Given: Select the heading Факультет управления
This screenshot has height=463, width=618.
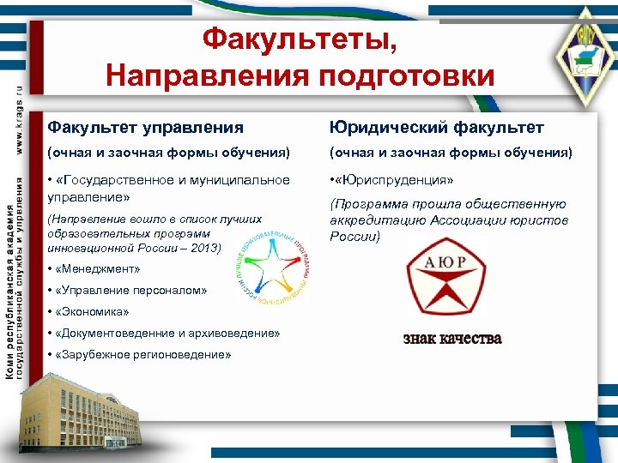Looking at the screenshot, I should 145,127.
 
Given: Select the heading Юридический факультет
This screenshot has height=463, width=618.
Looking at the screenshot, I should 437,127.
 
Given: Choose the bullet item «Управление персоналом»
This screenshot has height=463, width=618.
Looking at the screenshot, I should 129,291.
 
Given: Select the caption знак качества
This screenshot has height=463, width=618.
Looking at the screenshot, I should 452,338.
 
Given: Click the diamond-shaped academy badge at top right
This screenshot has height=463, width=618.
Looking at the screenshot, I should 583,51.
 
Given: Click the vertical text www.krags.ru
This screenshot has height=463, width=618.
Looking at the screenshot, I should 19,120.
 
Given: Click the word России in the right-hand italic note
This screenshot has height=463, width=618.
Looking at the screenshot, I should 352,236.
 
